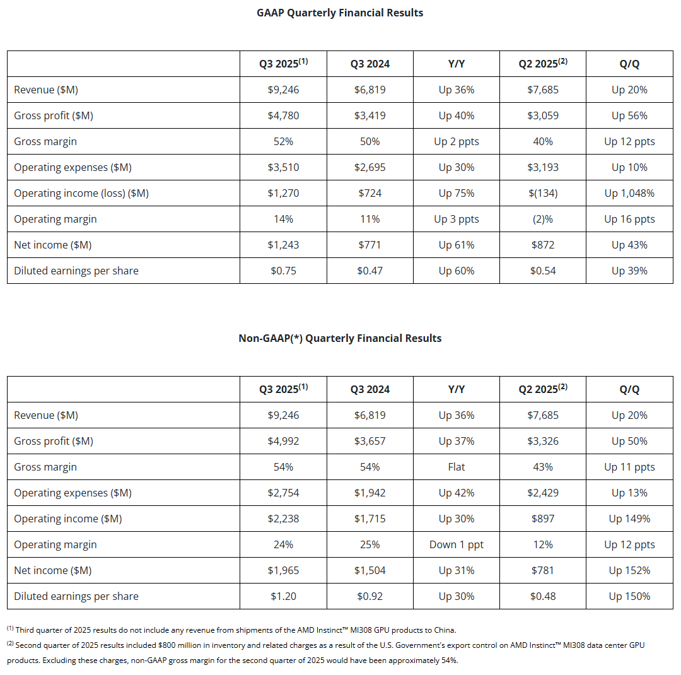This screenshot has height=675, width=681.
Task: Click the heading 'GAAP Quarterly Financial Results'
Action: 340,13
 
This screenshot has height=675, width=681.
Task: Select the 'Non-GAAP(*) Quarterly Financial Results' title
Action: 340,338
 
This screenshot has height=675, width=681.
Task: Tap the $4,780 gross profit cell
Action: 283,115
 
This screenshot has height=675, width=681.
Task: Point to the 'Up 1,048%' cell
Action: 629,193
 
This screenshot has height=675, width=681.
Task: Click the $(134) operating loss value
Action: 543,193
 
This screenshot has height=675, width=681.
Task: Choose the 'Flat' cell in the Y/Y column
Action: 457,467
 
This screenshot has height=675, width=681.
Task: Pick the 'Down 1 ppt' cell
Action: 457,544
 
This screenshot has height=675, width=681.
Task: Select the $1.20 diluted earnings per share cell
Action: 283,596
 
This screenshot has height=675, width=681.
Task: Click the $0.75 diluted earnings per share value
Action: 283,271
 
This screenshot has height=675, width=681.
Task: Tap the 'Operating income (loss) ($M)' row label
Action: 81,193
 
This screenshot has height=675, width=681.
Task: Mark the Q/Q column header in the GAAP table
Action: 629,64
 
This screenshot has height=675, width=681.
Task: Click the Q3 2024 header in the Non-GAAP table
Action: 370,389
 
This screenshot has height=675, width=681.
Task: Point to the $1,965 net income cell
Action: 283,570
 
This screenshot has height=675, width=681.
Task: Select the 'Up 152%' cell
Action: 629,570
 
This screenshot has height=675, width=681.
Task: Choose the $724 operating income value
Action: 370,193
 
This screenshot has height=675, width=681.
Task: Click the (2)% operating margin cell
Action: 543,219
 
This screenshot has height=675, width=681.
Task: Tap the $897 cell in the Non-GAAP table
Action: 543,519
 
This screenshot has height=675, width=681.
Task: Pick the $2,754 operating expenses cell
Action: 283,493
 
